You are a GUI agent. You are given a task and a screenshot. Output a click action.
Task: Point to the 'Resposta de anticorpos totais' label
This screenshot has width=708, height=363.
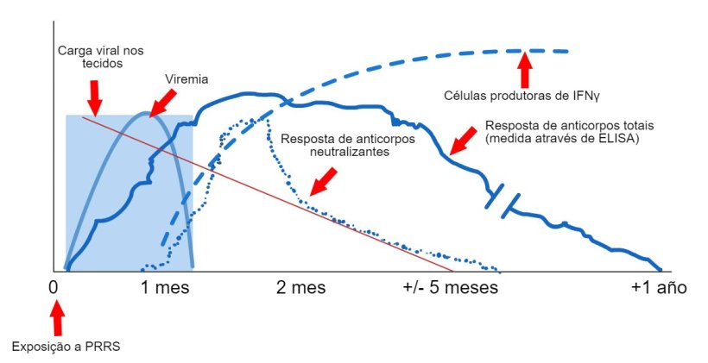(x=561, y=125)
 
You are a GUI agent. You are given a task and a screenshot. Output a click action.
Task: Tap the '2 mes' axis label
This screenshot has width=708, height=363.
(x=300, y=287)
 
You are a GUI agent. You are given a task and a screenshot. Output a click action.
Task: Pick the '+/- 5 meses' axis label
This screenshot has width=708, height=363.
(x=451, y=287)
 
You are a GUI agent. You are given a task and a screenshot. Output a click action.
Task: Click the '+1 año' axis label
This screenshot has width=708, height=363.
(x=658, y=287)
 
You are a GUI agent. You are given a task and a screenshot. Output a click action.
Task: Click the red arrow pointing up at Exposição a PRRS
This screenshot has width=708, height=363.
(x=57, y=321)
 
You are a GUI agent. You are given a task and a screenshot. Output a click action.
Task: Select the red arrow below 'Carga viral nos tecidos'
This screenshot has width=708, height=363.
(x=95, y=91)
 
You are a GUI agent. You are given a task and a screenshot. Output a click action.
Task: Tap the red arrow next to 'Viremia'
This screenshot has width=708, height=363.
(x=162, y=100)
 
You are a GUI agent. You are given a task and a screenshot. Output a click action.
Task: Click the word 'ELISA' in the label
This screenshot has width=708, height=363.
(x=616, y=138)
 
